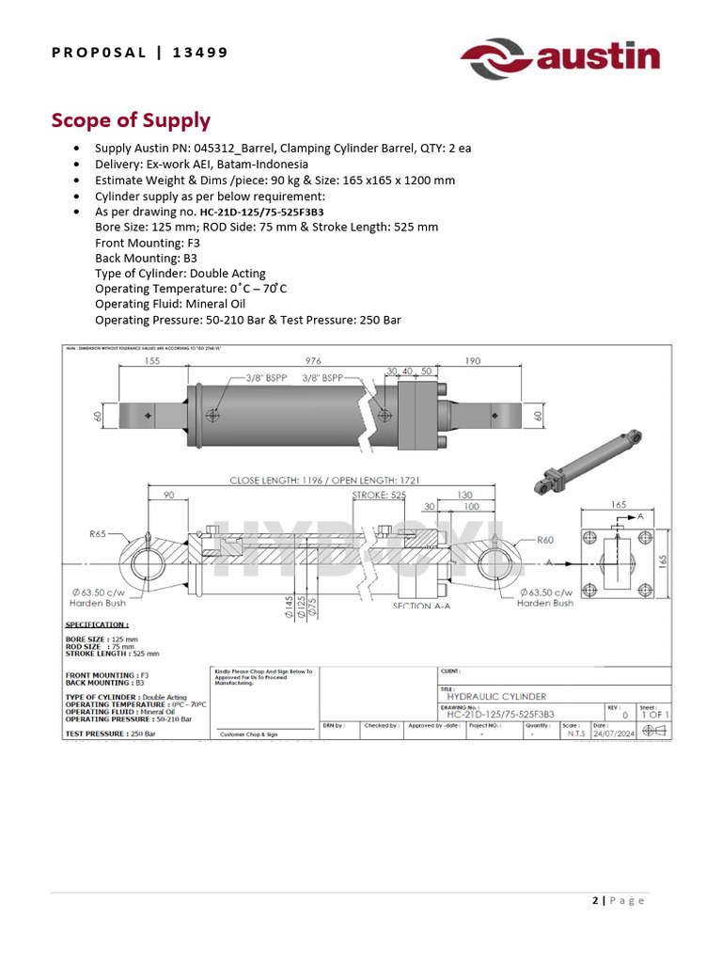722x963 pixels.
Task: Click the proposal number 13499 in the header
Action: tap(200, 52)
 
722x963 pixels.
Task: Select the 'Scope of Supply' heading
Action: tap(131, 120)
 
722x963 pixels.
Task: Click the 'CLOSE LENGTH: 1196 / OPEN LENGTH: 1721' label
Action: tap(324, 481)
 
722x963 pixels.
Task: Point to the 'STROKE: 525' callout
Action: tap(379, 494)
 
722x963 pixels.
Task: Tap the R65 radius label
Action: tap(98, 533)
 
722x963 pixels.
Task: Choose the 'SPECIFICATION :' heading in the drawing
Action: tap(95, 624)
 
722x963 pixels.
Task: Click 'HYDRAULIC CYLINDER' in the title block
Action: tap(496, 696)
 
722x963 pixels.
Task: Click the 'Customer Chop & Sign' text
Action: tap(248, 734)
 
